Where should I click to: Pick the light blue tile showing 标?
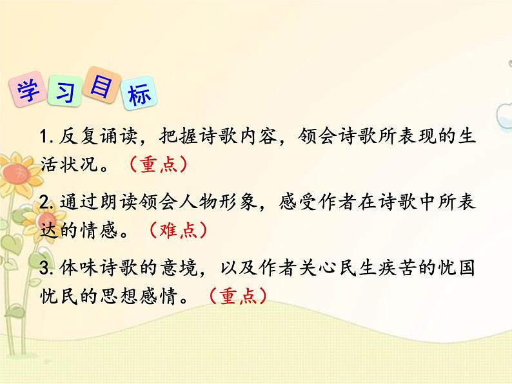[x=139, y=96]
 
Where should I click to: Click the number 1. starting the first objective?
[x=46, y=137]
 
